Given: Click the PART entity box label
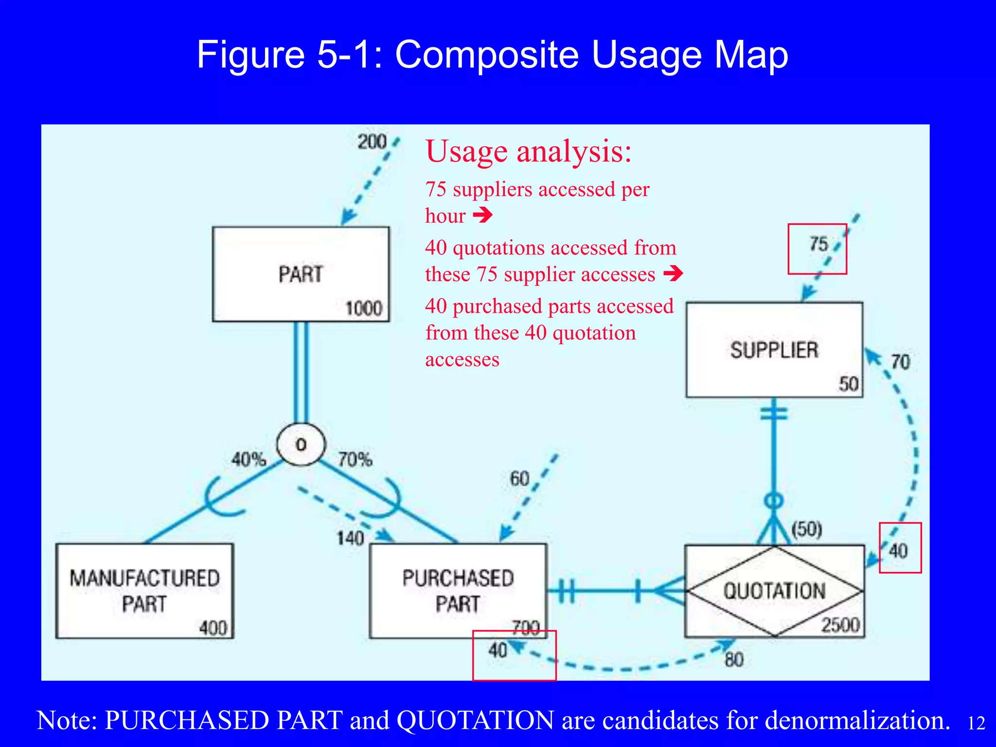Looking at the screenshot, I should pyautogui.click(x=301, y=274).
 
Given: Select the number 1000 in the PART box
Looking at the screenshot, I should pyautogui.click(x=364, y=308).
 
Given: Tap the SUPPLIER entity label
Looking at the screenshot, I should pyautogui.click(x=774, y=350).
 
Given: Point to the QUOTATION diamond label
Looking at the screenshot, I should pyautogui.click(x=774, y=591).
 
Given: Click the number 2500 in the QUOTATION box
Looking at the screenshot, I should pyautogui.click(x=840, y=625).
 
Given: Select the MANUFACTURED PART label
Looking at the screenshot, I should pyautogui.click(x=144, y=591).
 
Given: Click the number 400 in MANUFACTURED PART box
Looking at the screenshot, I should pyautogui.click(x=213, y=628).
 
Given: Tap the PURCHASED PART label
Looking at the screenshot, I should pyautogui.click(x=458, y=591).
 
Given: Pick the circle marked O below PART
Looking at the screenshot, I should pyautogui.click(x=301, y=445).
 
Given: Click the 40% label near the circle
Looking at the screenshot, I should pyautogui.click(x=249, y=459).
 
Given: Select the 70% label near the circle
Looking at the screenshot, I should pyautogui.click(x=355, y=459).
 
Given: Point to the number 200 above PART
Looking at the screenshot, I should pyautogui.click(x=372, y=142).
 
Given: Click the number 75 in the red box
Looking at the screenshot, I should pyautogui.click(x=818, y=244).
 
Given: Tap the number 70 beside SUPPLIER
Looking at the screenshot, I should pyautogui.click(x=900, y=362).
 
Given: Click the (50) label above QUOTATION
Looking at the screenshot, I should pyautogui.click(x=807, y=529).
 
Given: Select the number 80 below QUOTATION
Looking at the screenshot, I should pyautogui.click(x=734, y=660).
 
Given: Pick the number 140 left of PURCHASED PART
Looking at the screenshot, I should pyautogui.click(x=350, y=538).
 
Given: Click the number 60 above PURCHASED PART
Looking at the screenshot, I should pyautogui.click(x=519, y=479).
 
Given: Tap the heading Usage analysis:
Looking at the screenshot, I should pyautogui.click(x=529, y=151).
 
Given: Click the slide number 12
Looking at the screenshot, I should pyautogui.click(x=976, y=723).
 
